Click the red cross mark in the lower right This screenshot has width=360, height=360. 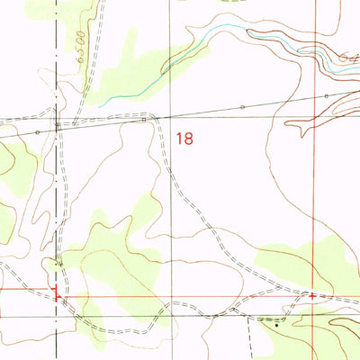[x=312, y=294]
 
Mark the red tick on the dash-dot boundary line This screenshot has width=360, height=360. [x=58, y=292]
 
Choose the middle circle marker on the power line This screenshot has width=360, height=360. [x=242, y=107]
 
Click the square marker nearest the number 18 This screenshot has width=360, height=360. [x=144, y=118]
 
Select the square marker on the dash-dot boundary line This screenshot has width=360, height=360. [x=58, y=124]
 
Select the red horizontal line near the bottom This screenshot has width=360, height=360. [x=180, y=293]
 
